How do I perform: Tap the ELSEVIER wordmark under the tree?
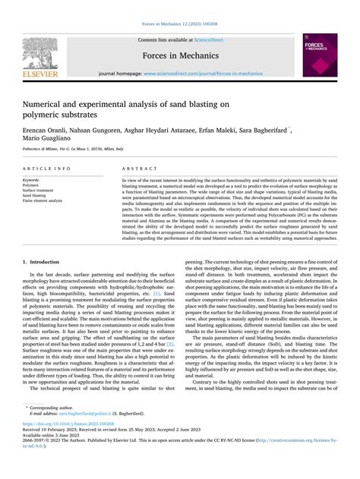click(x=39, y=75)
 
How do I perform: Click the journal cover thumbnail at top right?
click(x=321, y=57)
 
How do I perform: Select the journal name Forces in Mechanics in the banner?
click(x=179, y=55)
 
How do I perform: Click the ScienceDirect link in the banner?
click(x=208, y=39)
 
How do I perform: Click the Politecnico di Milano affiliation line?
click(x=72, y=150)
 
